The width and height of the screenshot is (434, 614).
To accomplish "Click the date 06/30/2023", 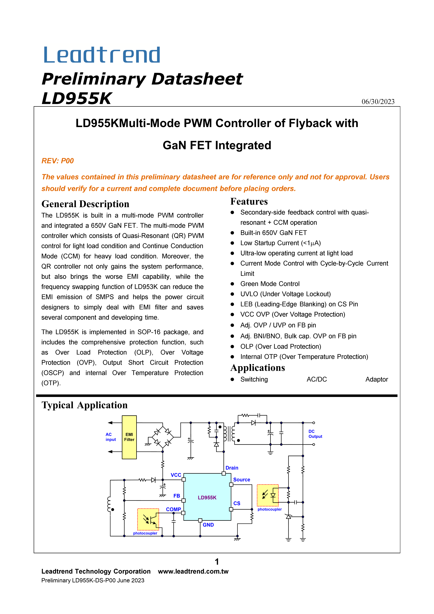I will [x=378, y=102].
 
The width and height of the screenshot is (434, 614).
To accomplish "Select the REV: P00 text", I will [x=58, y=161].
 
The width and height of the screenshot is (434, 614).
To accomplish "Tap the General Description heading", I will [x=85, y=204].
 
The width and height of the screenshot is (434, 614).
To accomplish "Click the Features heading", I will [x=249, y=201].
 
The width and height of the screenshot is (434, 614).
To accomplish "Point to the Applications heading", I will [x=257, y=368].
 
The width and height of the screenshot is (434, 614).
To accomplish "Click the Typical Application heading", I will [x=85, y=405].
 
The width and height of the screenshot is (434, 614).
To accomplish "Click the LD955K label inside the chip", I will [x=207, y=497].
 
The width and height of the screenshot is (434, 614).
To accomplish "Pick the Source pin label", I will [x=241, y=480].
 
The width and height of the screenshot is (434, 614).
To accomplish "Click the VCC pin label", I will [x=176, y=475].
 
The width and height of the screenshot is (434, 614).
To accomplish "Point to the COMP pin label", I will [x=173, y=509].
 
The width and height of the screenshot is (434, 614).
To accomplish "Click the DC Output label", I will [x=315, y=434].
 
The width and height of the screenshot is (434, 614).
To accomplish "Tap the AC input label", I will [x=110, y=437].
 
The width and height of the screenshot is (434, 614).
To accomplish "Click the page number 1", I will [x=217, y=562].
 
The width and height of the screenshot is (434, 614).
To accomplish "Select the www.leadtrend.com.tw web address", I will [x=193, y=571].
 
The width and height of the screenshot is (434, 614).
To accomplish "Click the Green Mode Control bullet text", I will [x=270, y=284].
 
